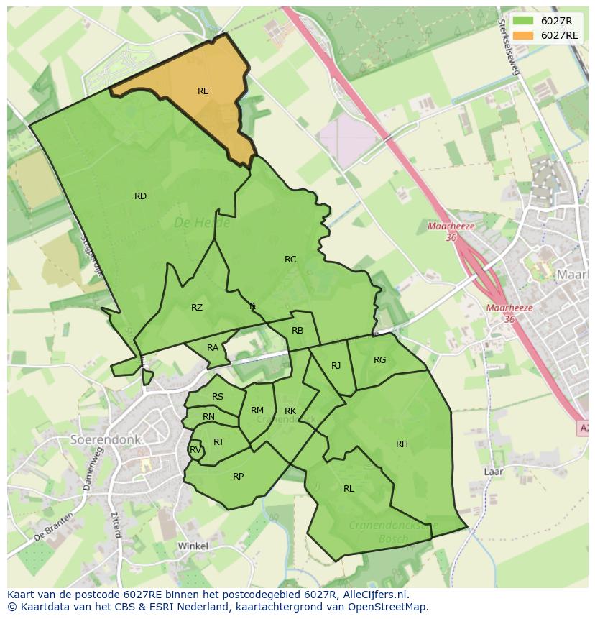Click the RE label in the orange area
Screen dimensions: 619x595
click(203, 91)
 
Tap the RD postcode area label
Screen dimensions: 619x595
click(140, 196)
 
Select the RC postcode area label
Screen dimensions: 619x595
click(290, 260)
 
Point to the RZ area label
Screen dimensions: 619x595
click(197, 308)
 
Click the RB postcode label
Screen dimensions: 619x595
click(297, 331)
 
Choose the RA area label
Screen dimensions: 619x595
click(213, 348)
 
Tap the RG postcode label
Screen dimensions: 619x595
click(380, 360)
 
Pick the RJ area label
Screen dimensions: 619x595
click(336, 366)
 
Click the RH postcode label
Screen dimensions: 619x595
click(402, 444)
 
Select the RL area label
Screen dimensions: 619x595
click(349, 489)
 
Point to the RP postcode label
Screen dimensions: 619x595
click(239, 477)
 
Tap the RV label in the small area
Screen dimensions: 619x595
click(195, 451)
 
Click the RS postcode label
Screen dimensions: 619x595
click(218, 397)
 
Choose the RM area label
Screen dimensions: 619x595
click(257, 411)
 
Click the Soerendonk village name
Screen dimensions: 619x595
click(105, 439)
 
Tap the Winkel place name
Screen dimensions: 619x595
click(193, 546)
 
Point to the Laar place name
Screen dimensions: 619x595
click(494, 472)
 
